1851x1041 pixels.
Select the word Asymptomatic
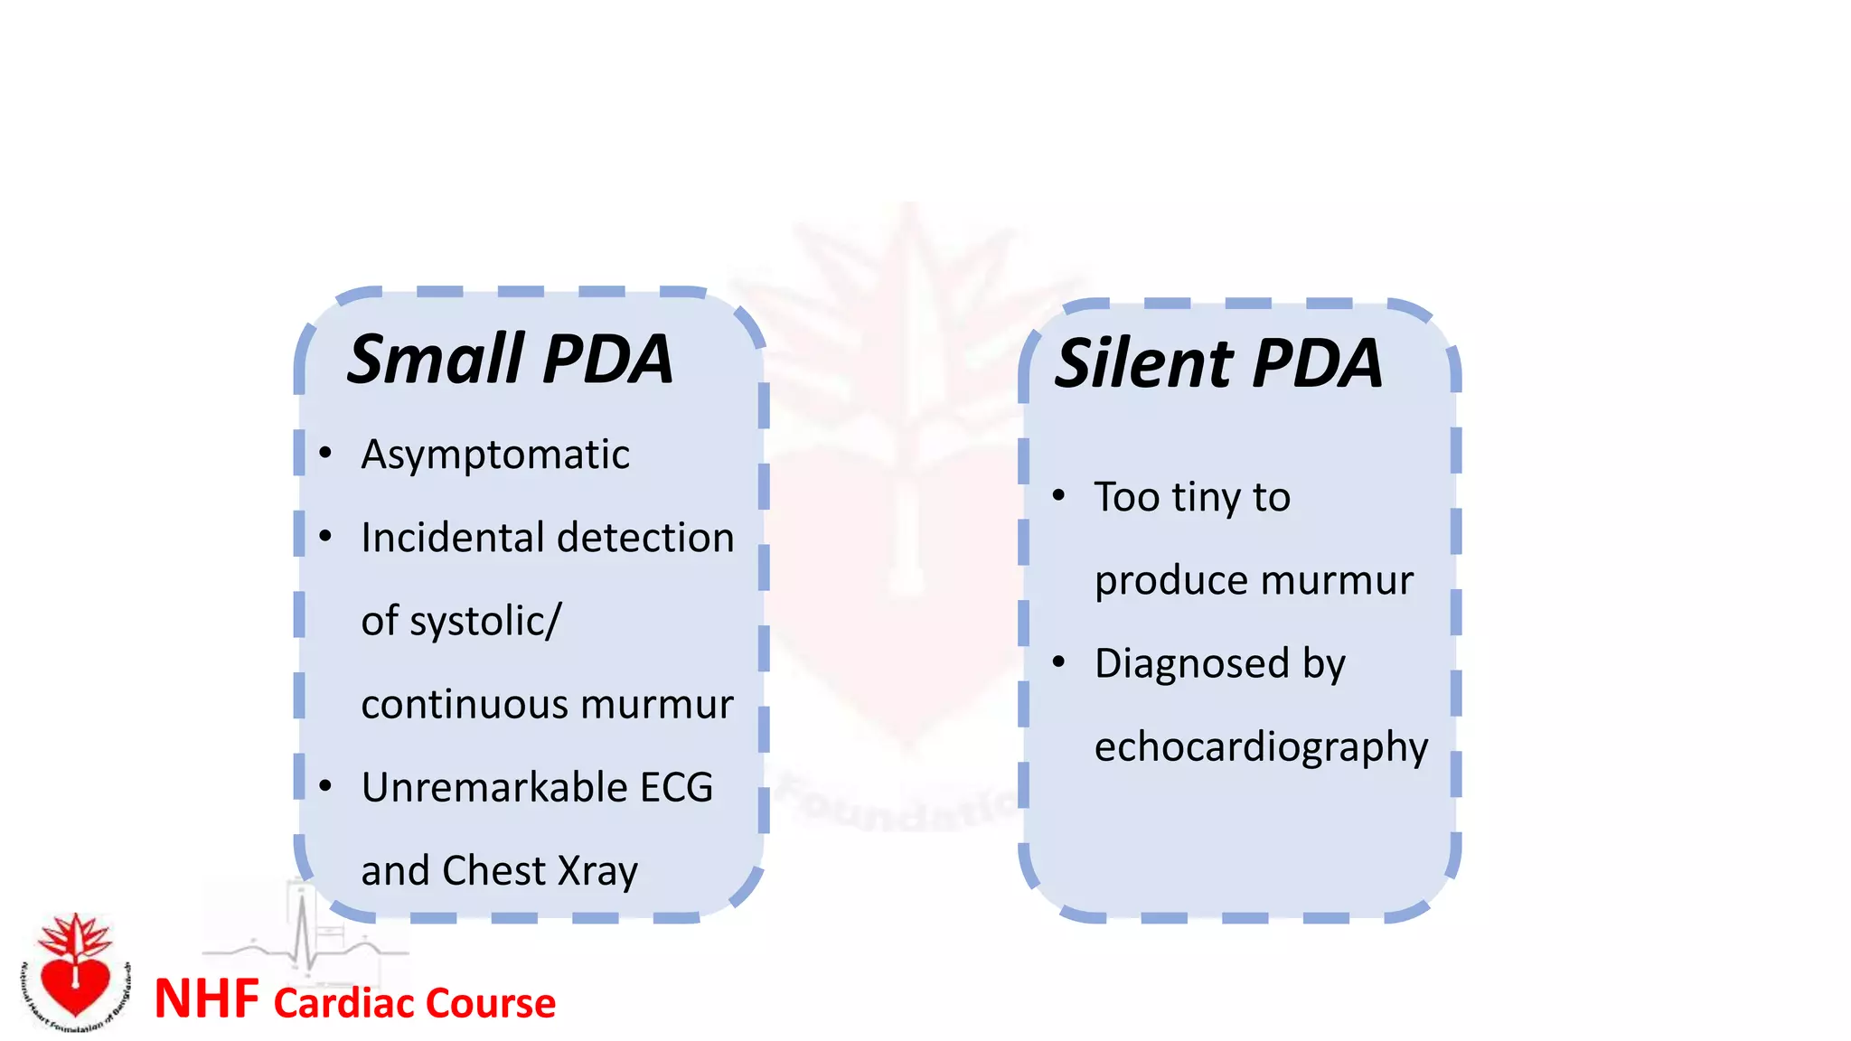click(x=495, y=455)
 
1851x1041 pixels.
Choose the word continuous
click(x=459, y=705)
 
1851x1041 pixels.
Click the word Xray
click(x=598, y=871)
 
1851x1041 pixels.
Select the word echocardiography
click(x=1261, y=747)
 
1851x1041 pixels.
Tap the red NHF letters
click(x=207, y=999)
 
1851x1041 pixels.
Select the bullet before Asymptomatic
click(x=325, y=454)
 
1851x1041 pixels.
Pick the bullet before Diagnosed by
click(x=1059, y=662)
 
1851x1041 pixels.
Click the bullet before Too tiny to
click(x=1059, y=496)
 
